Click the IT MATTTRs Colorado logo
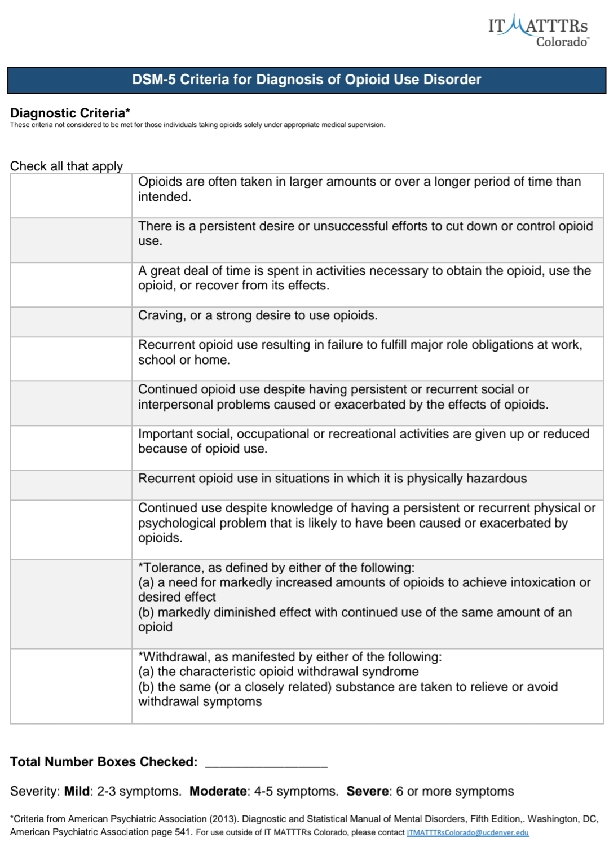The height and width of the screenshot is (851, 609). [x=538, y=32]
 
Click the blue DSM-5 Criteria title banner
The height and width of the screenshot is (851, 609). [x=306, y=80]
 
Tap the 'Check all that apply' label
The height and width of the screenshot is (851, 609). [x=67, y=166]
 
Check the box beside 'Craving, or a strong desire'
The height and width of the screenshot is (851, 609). [x=71, y=322]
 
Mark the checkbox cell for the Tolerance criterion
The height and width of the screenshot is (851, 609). [x=71, y=604]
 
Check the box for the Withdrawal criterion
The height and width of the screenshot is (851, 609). [x=71, y=686]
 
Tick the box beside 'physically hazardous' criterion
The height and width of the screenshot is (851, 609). [x=71, y=485]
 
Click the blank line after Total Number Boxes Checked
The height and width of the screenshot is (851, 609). [x=266, y=762]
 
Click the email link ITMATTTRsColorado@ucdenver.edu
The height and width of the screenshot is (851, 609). [x=467, y=832]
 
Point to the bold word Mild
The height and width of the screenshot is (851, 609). [x=77, y=791]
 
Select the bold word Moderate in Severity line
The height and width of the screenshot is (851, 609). [x=218, y=791]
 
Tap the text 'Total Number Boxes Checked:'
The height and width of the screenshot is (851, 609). [x=104, y=762]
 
